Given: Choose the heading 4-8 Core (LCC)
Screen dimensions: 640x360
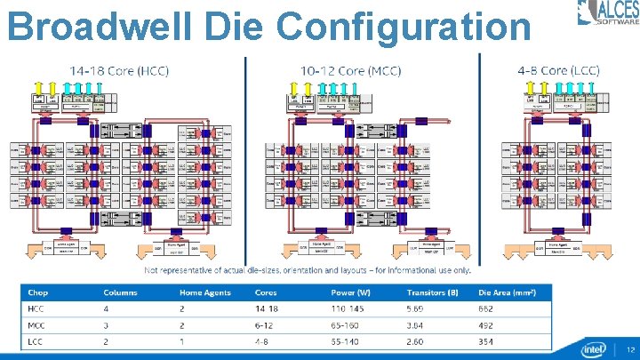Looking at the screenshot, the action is coord(558,70).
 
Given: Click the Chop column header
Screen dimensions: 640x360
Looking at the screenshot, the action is coord(38,292).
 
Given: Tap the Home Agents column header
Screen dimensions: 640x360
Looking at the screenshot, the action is coord(205,292).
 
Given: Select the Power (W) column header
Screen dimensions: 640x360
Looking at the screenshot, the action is coord(351,292).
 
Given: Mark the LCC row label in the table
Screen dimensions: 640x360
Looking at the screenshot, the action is coord(35,340).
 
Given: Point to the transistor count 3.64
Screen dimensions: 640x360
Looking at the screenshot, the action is coord(417,324).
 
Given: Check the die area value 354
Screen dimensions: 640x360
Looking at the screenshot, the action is coord(484,340).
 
